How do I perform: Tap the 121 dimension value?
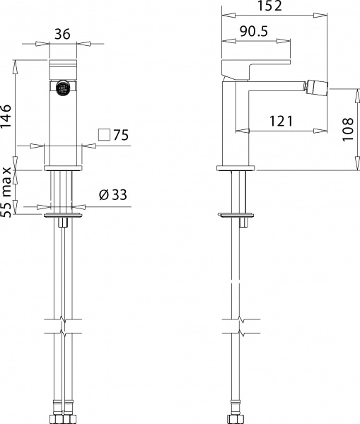[281, 122]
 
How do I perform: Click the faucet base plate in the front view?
[64, 168]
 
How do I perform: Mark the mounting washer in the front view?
[64, 212]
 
